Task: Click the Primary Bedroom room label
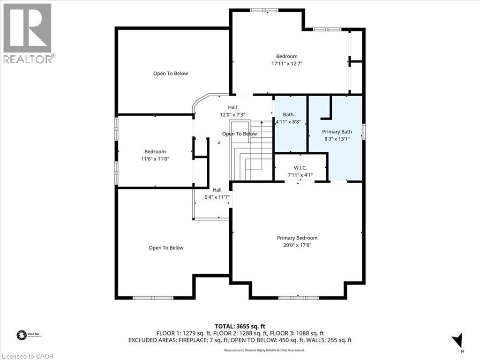pos(297,238)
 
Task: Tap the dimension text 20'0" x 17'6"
pos(297,245)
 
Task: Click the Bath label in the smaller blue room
pos(288,114)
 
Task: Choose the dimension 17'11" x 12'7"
pos(286,64)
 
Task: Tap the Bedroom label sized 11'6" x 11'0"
pos(155,151)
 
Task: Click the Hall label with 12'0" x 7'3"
pos(232,107)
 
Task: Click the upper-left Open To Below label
pos(171,73)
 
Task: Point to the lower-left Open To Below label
pos(166,247)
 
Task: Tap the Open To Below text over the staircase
pos(240,134)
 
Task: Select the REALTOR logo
pos(28,33)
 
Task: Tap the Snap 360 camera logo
pos(21,335)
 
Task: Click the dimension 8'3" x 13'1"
pos(335,139)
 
